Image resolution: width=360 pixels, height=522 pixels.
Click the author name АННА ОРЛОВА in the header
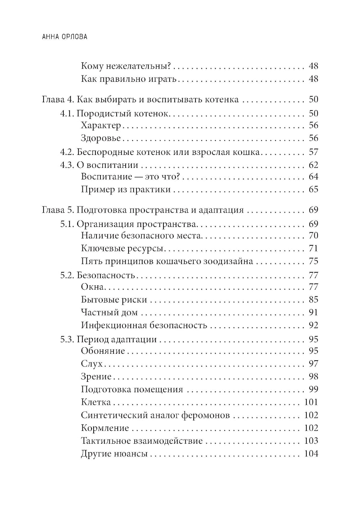coord(62,37)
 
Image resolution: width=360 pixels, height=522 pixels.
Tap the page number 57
coord(313,152)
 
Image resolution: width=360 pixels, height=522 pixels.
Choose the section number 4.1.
coord(67,113)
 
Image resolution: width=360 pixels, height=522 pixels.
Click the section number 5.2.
coord(67,276)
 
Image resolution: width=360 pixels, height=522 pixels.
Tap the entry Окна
coord(93,287)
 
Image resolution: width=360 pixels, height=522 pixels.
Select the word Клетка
coord(96,402)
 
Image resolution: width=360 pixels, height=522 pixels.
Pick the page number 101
coord(311,402)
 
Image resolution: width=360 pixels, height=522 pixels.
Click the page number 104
coord(311,454)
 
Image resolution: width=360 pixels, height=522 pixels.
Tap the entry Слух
coord(92,364)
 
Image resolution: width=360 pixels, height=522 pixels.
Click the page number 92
coord(313,325)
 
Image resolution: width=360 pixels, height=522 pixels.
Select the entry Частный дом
coord(109,313)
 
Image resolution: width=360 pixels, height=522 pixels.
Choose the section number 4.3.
coord(67,165)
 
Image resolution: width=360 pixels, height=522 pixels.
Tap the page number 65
coord(313,189)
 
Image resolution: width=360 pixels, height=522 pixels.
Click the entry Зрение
coord(96,377)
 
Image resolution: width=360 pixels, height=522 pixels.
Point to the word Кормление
coord(105,428)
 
